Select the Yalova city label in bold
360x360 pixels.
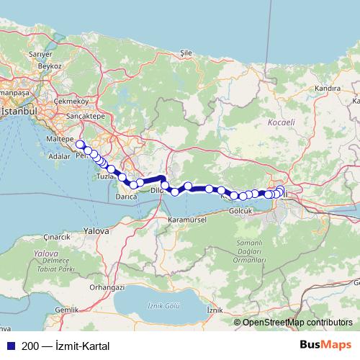coord(96,232)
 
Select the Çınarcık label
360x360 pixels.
coord(55,236)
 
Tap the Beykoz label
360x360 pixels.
coord(50,66)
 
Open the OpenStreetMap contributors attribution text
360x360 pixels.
coord(297,322)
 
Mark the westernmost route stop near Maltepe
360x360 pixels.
coord(80,144)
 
